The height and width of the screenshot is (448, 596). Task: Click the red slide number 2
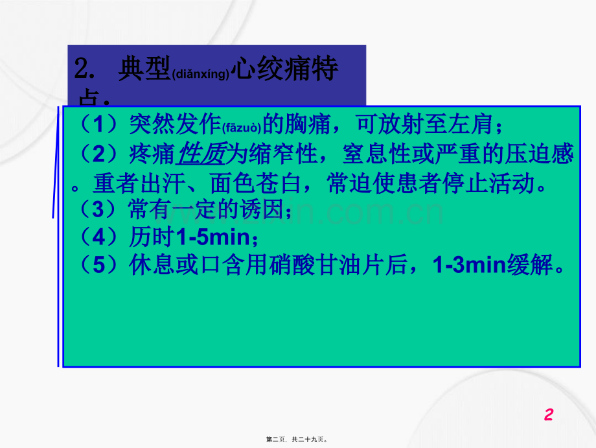[549, 415]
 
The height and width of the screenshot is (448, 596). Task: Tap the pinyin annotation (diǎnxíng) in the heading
[201, 75]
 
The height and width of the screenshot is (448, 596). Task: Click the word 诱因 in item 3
[263, 210]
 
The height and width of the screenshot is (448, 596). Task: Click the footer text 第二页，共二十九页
[297, 439]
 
